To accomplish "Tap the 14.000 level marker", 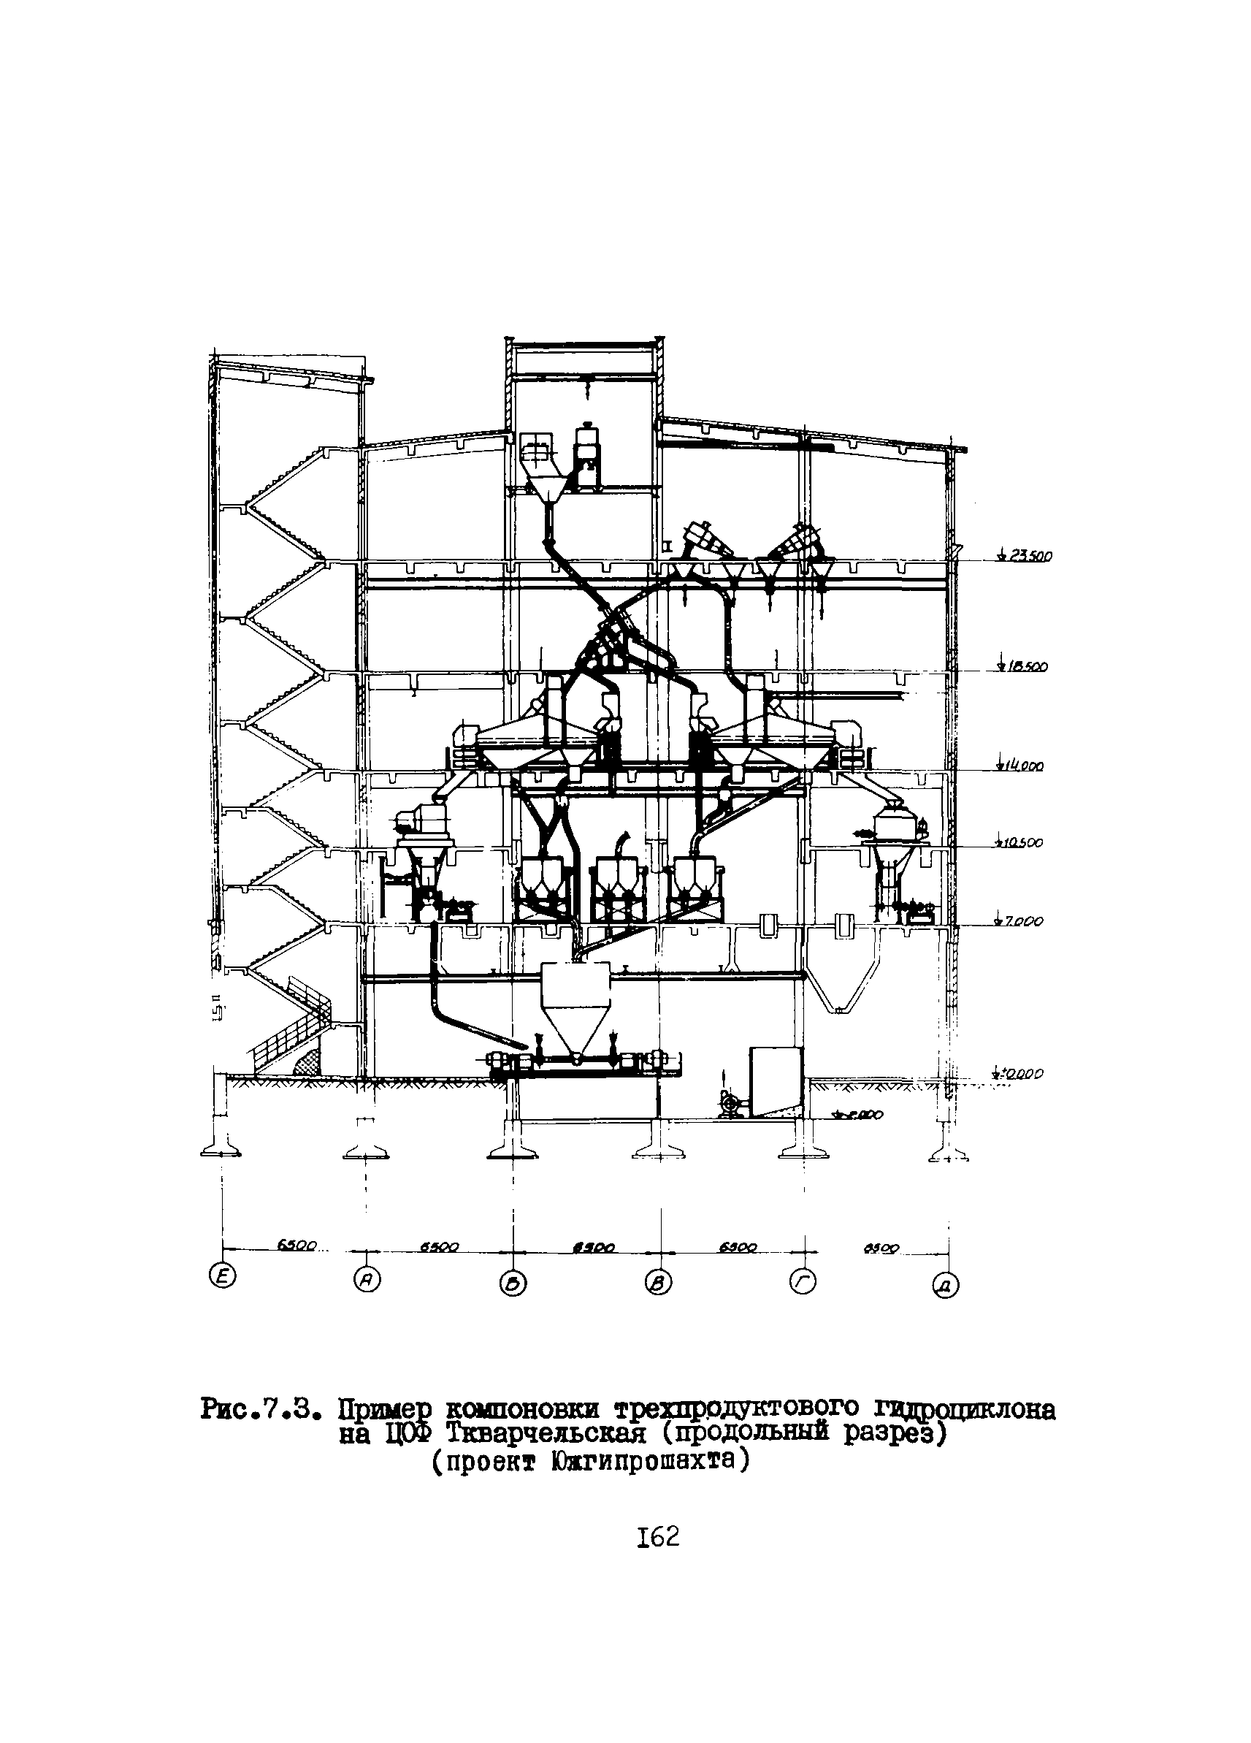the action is [x=1022, y=766].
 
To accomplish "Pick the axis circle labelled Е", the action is [x=223, y=1276].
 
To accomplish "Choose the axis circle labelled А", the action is [x=367, y=1279].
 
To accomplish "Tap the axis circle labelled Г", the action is [x=803, y=1281].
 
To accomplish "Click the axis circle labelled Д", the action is [x=946, y=1285].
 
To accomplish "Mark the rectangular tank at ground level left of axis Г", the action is [x=776, y=1079].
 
